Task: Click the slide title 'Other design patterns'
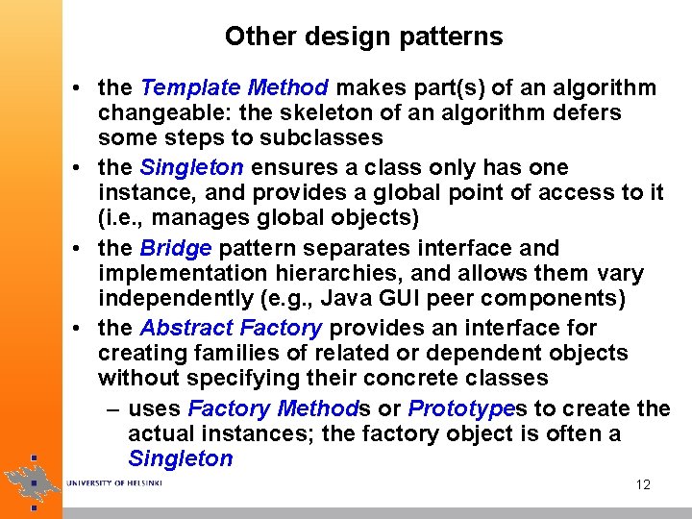click(363, 37)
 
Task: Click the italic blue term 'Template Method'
click(235, 88)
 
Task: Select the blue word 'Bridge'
click(176, 249)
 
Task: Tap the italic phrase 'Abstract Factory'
click(232, 329)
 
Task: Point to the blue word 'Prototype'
click(460, 408)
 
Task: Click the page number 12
click(643, 484)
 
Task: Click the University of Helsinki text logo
click(114, 482)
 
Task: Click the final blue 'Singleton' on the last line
click(180, 458)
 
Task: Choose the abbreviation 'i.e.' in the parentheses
click(124, 217)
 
